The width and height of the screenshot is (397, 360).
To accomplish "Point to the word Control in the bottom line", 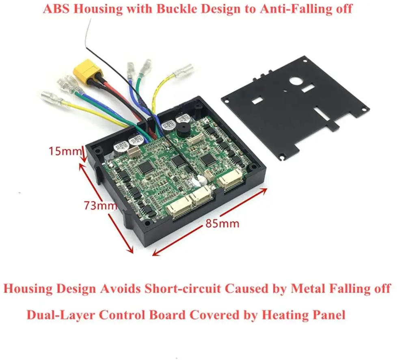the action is click(124, 315).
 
